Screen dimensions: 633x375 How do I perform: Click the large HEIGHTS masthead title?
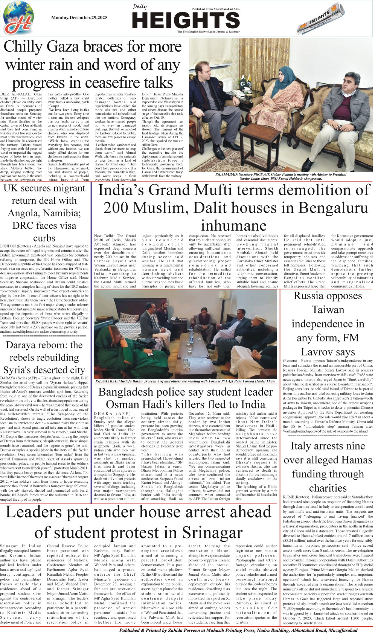tap(186, 20)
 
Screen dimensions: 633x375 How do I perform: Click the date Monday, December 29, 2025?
tap(79, 18)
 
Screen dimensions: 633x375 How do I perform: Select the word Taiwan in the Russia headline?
tap(328, 310)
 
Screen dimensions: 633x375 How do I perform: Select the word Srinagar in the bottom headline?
tap(212, 533)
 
